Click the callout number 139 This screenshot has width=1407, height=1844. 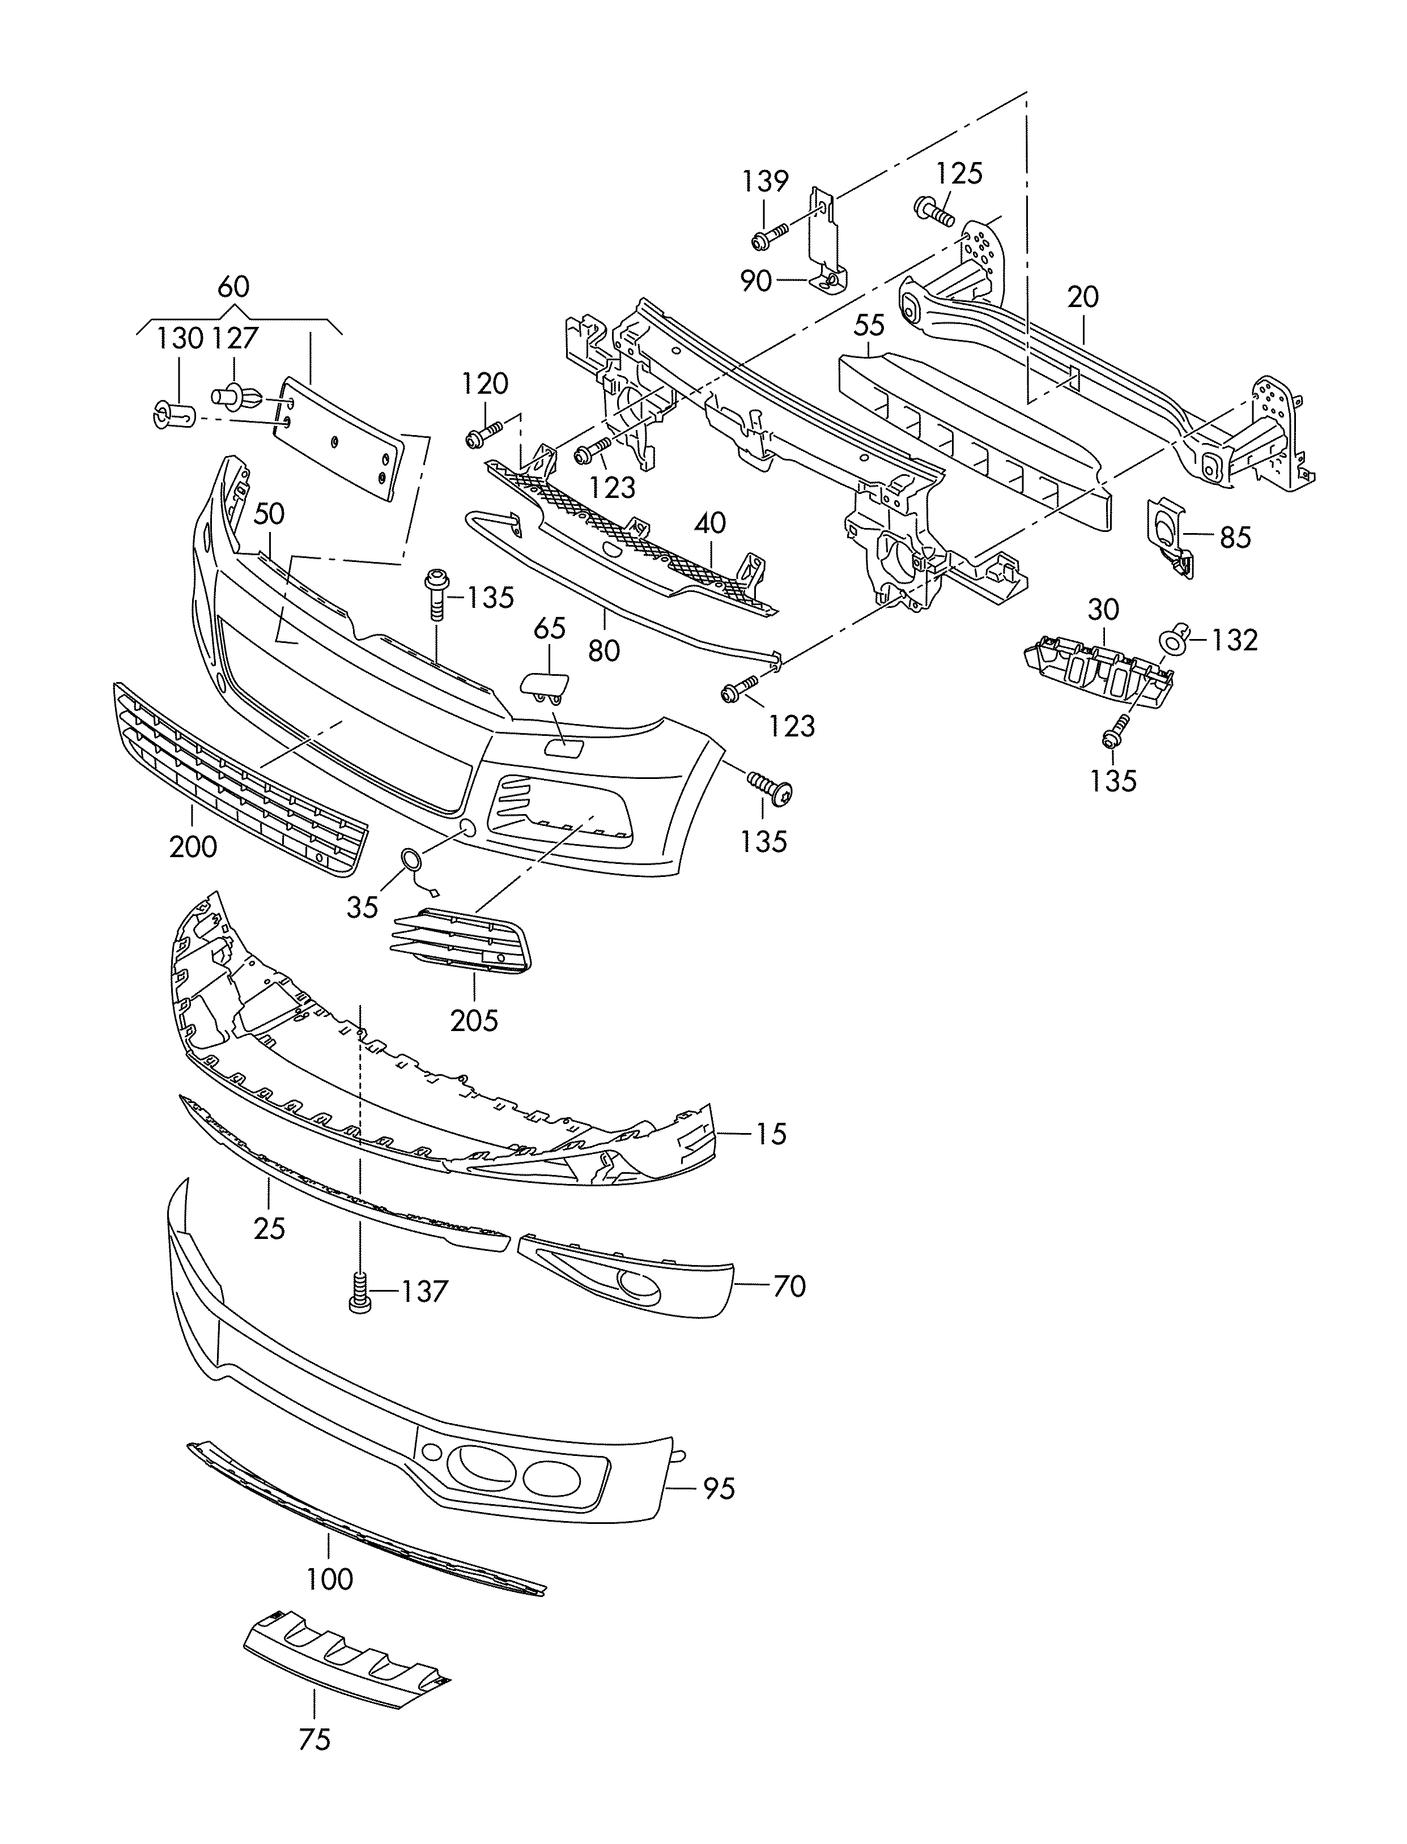click(x=764, y=181)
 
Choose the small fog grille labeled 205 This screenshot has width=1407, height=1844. click(x=461, y=943)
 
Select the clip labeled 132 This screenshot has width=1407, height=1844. click(x=1172, y=641)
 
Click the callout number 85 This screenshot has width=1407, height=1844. click(x=1235, y=537)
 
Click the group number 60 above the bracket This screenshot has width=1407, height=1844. click(x=233, y=287)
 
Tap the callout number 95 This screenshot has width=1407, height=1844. click(x=719, y=1488)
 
